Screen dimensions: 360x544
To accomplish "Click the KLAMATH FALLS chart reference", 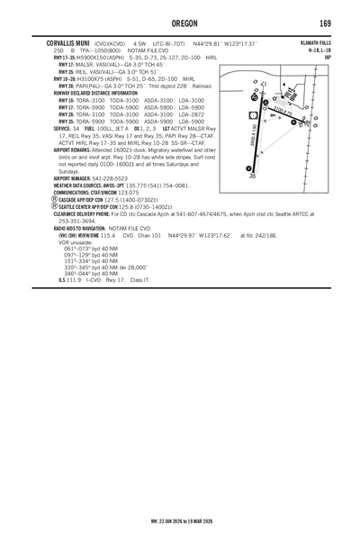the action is click(x=315, y=42).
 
